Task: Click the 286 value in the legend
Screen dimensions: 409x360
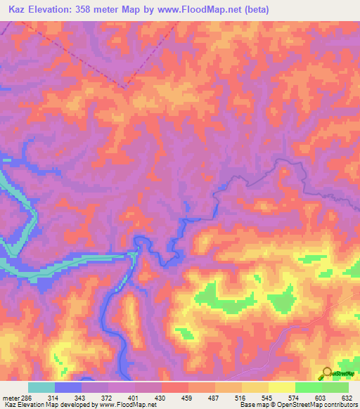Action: click(x=25, y=397)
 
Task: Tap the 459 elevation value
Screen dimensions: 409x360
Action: click(x=189, y=397)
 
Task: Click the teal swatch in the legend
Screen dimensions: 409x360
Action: click(x=41, y=387)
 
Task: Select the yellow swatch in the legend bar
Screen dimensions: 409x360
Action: click(x=281, y=387)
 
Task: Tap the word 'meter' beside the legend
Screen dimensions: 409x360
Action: click(x=10, y=397)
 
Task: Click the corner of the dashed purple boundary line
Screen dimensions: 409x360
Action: click(x=124, y=88)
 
